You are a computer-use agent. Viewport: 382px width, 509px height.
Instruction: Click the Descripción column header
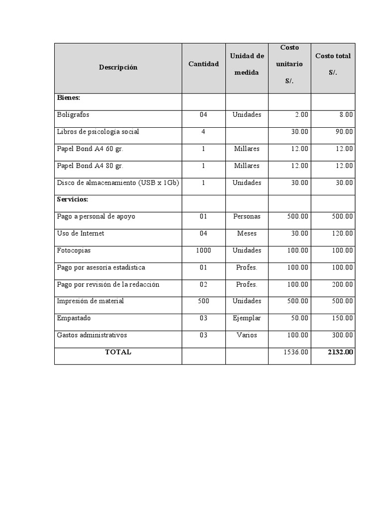[118, 68]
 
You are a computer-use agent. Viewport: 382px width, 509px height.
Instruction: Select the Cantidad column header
[203, 64]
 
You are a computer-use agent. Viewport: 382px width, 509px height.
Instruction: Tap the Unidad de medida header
[247, 64]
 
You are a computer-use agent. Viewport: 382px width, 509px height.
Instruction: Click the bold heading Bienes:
[69, 98]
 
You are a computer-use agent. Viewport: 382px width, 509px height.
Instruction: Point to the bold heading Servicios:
[73, 199]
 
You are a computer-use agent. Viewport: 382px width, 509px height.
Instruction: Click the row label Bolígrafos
[73, 115]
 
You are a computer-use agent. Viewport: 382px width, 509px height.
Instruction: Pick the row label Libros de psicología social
[98, 132]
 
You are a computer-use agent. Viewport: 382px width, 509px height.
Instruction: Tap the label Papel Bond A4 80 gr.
[90, 166]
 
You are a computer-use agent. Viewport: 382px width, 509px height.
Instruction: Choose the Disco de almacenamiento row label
[118, 182]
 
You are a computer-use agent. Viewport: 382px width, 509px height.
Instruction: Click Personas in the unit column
[247, 217]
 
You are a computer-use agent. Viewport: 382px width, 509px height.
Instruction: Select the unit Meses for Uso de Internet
[247, 234]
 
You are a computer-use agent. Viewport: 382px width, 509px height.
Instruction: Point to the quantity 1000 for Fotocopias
[203, 251]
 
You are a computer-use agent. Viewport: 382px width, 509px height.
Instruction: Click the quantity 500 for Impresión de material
[203, 301]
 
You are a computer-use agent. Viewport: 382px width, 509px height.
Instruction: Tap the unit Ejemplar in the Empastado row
[247, 318]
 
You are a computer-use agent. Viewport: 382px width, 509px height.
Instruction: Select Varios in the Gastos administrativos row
[247, 335]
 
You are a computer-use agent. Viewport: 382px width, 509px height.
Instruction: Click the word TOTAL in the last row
[118, 352]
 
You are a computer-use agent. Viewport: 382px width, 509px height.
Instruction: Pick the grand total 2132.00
[341, 352]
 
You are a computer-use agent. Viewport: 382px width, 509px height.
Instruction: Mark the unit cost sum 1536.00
[296, 352]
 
